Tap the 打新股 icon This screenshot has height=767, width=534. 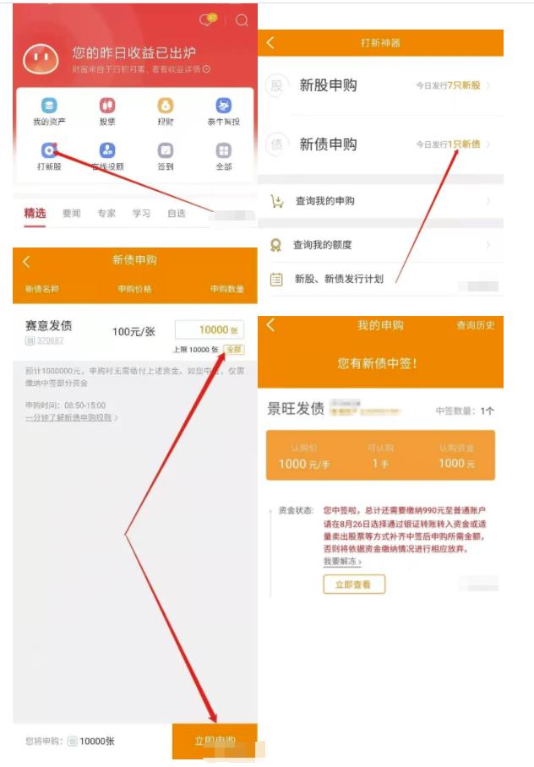click(x=49, y=150)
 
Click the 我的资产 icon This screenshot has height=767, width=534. click(x=49, y=106)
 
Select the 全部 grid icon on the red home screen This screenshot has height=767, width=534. click(x=224, y=150)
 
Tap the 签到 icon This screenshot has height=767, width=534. click(x=166, y=150)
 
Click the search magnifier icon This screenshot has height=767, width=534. click(x=242, y=20)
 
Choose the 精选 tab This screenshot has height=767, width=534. click(x=35, y=214)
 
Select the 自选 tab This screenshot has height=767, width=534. click(x=176, y=214)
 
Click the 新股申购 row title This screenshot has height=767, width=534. click(x=328, y=85)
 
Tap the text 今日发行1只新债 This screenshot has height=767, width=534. click(x=448, y=144)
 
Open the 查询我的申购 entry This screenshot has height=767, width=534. click(x=324, y=201)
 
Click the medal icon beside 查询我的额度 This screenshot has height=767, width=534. click(x=275, y=245)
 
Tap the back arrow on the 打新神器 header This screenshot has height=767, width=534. click(x=270, y=42)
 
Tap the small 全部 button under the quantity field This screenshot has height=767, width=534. click(x=233, y=350)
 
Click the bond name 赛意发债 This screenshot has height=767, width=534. click(x=49, y=326)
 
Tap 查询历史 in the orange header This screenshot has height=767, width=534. click(x=476, y=325)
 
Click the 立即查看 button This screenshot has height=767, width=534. click(x=353, y=584)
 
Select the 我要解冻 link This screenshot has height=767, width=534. click(x=341, y=562)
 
